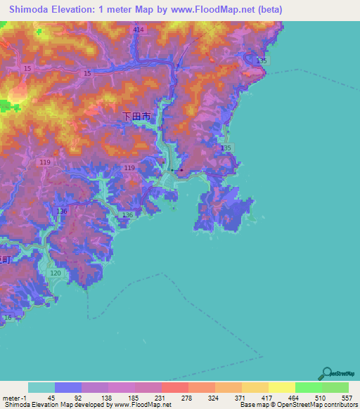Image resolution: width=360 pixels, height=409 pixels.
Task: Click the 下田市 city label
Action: pyautogui.click(x=136, y=117)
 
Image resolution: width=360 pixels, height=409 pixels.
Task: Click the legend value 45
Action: pyautogui.click(x=51, y=397)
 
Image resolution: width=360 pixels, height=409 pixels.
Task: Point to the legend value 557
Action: pyautogui.click(x=346, y=397)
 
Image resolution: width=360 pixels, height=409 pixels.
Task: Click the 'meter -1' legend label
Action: pyautogui.click(x=13, y=397)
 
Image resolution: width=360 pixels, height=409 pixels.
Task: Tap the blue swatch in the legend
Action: pyautogui.click(x=67, y=387)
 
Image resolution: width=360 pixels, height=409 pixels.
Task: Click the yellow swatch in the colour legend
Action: pyautogui.click(x=281, y=387)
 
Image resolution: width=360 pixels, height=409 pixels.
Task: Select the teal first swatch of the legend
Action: pyautogui.click(x=41, y=387)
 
